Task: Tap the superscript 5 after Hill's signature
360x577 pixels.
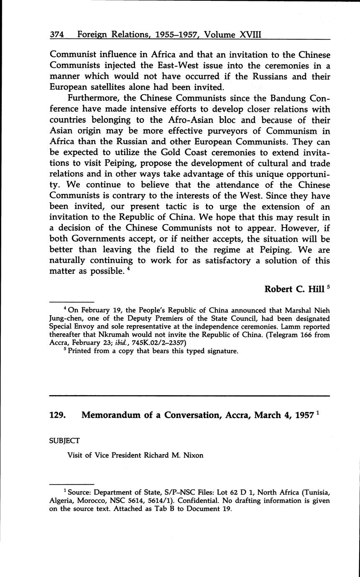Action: (x=328, y=287)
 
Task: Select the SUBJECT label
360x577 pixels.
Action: (x=64, y=440)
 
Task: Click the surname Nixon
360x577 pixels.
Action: (x=192, y=455)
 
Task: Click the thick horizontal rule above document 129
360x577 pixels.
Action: (x=190, y=395)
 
